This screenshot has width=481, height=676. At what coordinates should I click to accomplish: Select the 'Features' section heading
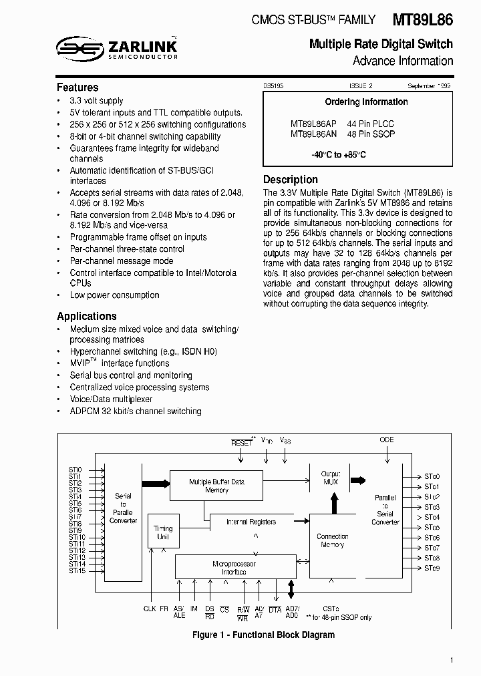pyautogui.click(x=77, y=88)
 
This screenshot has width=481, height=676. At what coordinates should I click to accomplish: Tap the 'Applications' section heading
pyautogui.click(x=87, y=316)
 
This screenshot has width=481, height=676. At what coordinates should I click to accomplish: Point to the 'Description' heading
pyautogui.click(x=291, y=179)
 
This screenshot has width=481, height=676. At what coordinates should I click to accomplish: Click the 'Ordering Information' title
pyautogui.click(x=366, y=102)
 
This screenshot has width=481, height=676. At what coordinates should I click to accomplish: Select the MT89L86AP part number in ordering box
pyautogui.click(x=313, y=124)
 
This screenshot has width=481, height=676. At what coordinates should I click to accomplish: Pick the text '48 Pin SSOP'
pyautogui.click(x=371, y=134)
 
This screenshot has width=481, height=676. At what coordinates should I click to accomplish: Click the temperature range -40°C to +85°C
pyautogui.click(x=338, y=155)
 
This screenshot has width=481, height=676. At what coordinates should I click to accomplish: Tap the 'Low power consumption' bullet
pyautogui.click(x=114, y=295)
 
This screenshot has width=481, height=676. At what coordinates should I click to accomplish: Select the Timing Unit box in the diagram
pyautogui.click(x=162, y=532)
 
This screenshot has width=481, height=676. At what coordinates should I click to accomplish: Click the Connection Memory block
pyautogui.click(x=332, y=540)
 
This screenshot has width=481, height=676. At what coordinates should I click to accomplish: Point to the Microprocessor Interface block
pyautogui.click(x=234, y=568)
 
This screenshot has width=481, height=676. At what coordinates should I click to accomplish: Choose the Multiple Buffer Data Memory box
pyautogui.click(x=216, y=486)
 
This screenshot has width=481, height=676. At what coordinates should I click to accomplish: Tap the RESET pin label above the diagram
pyautogui.click(x=241, y=443)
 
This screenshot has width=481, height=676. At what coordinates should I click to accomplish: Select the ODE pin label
pyautogui.click(x=386, y=440)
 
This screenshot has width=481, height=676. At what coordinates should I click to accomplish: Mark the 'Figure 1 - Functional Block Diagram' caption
pyautogui.click(x=263, y=635)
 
